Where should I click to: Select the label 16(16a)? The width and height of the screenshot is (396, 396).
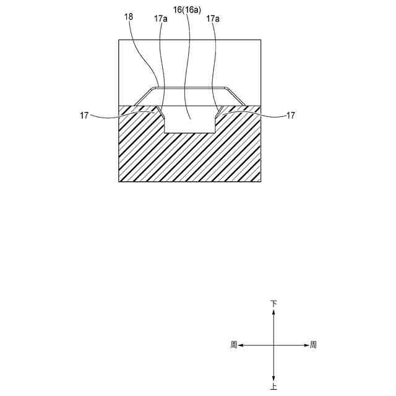click(x=187, y=11)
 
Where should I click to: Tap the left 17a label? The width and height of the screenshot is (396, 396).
click(x=160, y=19)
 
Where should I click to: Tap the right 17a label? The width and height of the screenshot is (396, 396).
click(x=213, y=19)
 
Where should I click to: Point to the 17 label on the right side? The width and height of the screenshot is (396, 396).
click(x=291, y=115)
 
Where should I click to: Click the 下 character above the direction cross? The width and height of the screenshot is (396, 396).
click(x=273, y=304)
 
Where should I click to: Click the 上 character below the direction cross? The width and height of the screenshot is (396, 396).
click(x=273, y=386)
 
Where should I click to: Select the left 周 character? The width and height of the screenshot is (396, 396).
click(x=233, y=345)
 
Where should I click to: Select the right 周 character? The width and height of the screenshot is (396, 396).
click(x=313, y=345)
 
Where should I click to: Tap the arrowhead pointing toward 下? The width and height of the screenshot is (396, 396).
click(x=273, y=312)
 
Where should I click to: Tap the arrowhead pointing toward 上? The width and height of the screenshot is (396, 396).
click(x=273, y=377)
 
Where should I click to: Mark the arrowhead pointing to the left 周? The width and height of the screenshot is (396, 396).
click(x=242, y=345)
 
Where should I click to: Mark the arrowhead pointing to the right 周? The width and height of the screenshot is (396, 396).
click(x=305, y=345)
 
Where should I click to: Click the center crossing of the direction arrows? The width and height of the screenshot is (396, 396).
click(x=273, y=345)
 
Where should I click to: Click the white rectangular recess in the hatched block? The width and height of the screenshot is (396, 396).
click(x=189, y=124)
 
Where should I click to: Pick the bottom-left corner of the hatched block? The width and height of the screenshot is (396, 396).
click(x=118, y=181)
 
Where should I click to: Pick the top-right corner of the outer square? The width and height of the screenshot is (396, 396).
click(x=260, y=40)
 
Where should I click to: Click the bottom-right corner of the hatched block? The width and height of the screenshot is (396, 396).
click(x=260, y=181)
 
